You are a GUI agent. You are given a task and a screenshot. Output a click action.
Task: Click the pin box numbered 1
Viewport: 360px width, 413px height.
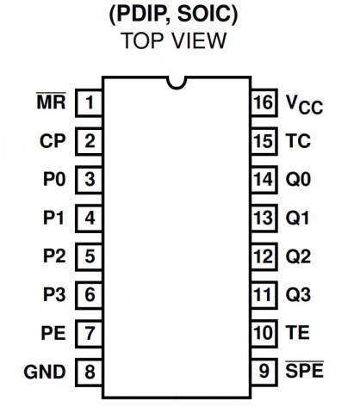click(x=89, y=102)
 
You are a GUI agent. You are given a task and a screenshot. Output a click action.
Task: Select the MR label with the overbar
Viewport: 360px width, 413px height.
click(x=52, y=101)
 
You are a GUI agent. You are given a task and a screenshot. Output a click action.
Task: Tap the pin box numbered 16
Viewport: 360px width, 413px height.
click(x=264, y=102)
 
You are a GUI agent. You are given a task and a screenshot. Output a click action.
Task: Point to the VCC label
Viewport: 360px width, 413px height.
click(x=304, y=105)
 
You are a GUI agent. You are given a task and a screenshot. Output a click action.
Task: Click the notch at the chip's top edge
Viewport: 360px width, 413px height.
click(x=177, y=83)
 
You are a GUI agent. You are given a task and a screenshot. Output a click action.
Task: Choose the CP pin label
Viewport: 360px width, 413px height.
click(x=53, y=141)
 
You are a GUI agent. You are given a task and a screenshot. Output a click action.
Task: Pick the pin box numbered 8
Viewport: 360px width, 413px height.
click(x=89, y=372)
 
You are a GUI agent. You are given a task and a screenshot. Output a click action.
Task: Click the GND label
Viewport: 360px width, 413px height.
click(x=45, y=372)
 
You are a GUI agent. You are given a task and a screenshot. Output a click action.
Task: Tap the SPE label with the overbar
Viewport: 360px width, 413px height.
click(x=305, y=370)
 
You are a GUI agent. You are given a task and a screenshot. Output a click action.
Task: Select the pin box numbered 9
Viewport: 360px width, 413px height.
click(x=264, y=372)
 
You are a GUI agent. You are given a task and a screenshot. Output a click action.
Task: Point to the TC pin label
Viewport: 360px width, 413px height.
click(x=298, y=141)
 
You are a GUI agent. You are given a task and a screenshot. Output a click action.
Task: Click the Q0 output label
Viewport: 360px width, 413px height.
click(x=298, y=180)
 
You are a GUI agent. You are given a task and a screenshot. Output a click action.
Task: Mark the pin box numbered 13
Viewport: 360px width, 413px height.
click(x=264, y=218)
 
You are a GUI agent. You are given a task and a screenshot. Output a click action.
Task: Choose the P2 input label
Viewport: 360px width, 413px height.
click(x=54, y=256)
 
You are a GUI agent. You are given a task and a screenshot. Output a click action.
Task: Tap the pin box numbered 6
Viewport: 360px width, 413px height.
click(x=89, y=295)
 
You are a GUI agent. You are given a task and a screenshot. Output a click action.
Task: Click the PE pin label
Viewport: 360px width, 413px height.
click(x=53, y=333)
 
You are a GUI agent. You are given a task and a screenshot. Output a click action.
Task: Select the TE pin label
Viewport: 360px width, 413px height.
click(x=297, y=333)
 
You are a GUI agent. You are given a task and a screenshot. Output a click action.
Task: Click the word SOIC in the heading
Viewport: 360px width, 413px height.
click(x=208, y=14)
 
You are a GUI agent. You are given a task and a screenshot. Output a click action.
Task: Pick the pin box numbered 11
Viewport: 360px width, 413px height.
click(x=264, y=295)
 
